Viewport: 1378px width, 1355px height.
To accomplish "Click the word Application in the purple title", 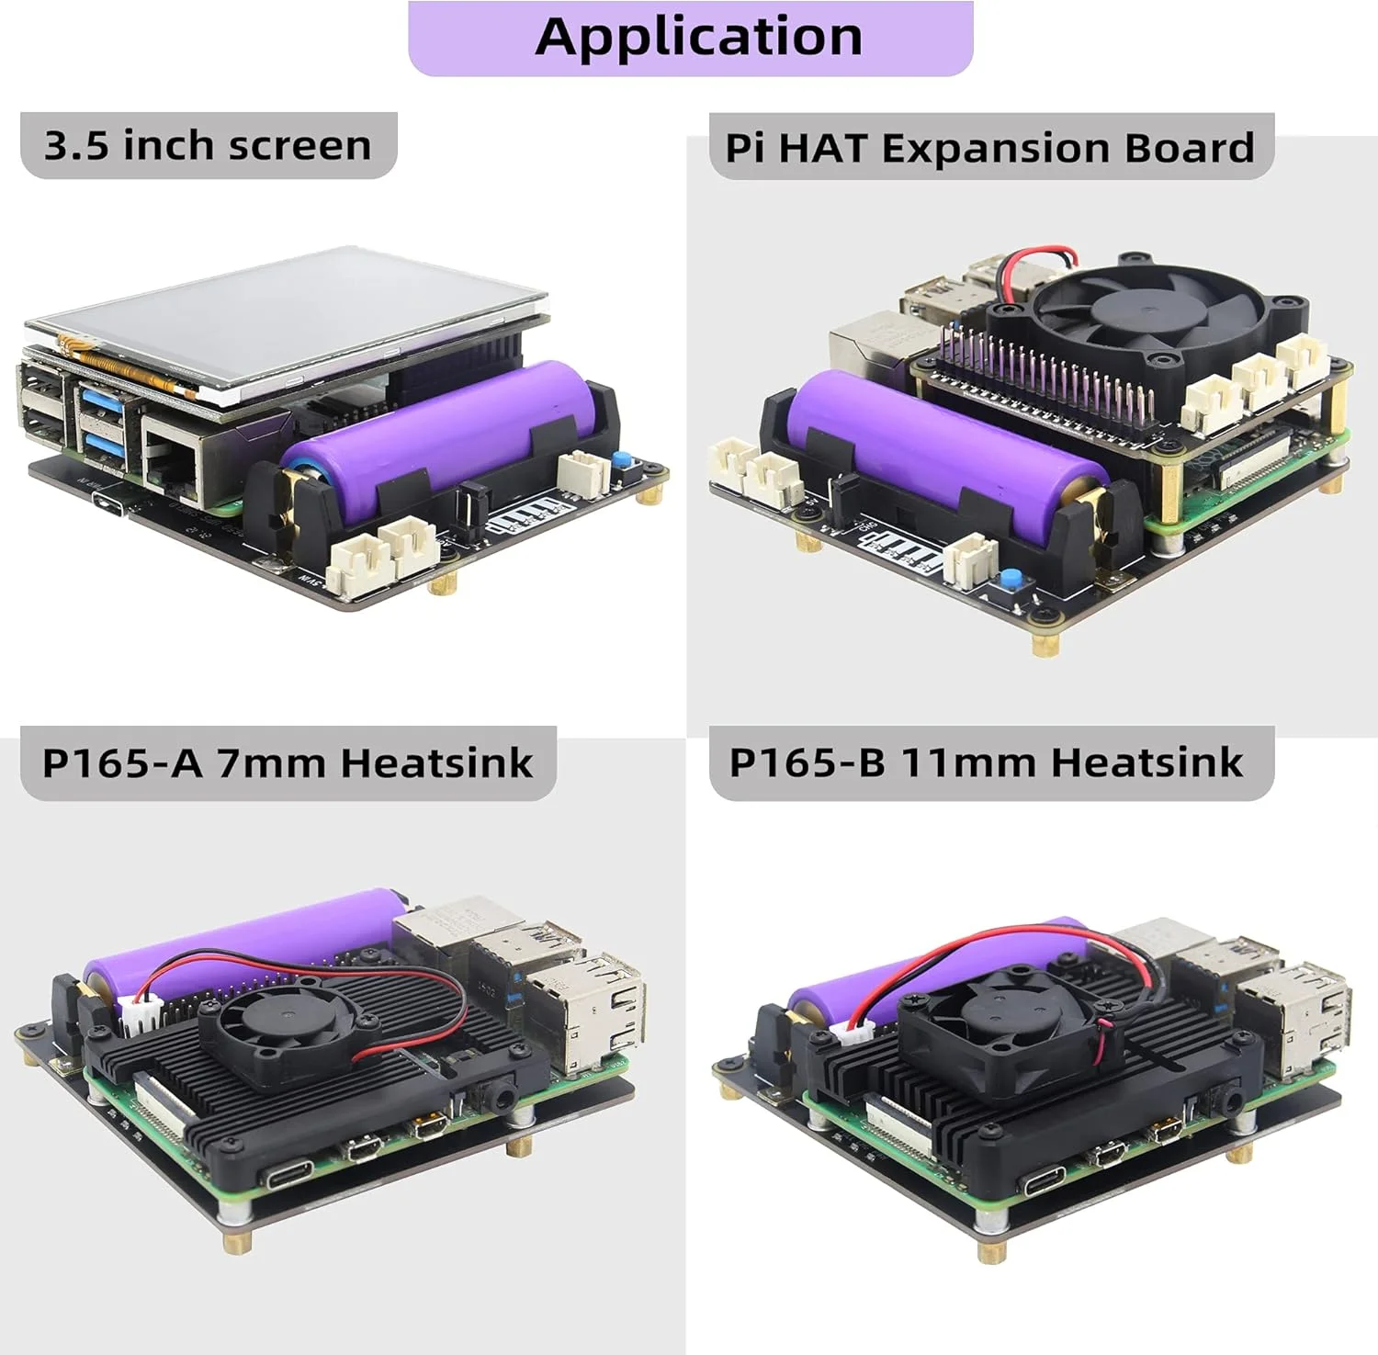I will (x=698, y=37).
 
